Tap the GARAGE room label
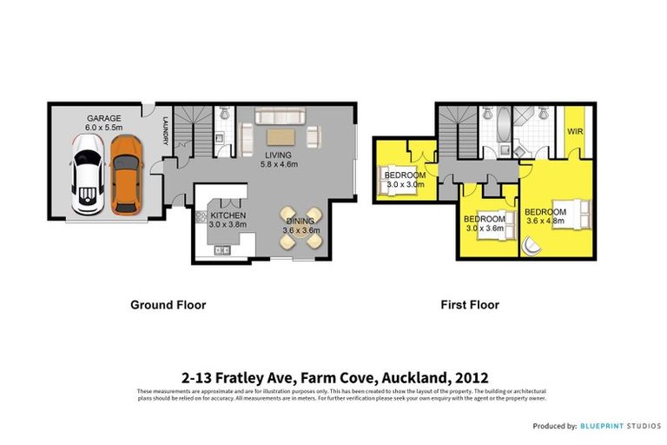pos(102,117)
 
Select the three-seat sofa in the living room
pos(280,116)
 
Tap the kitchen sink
pos(220,250)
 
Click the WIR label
pos(574,132)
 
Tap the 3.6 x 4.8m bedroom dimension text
pos(545,221)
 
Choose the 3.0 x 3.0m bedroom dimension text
pos(404,184)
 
